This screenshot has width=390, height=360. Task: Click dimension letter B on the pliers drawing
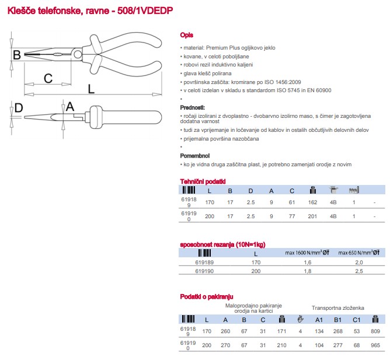(x=17, y=55)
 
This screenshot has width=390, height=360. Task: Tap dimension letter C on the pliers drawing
(x=48, y=78)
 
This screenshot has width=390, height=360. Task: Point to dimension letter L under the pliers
(x=90, y=89)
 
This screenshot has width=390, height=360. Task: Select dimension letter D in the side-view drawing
(x=18, y=108)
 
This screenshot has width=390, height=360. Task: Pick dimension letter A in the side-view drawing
(x=70, y=106)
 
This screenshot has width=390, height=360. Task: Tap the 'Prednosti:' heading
(x=193, y=108)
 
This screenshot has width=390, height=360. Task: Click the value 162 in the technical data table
(x=312, y=202)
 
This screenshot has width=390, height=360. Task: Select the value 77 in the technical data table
(x=291, y=216)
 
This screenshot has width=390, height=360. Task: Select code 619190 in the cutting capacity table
(x=204, y=271)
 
